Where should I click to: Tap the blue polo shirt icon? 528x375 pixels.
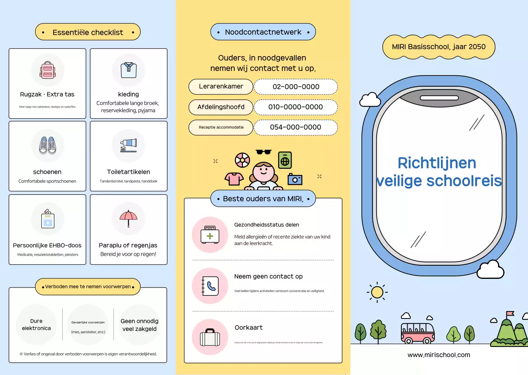pyautogui.click(x=128, y=70)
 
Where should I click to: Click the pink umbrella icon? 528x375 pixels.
pyautogui.click(x=128, y=218)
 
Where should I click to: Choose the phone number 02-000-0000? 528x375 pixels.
pyautogui.click(x=296, y=87)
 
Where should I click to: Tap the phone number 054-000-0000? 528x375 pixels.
pyautogui.click(x=295, y=127)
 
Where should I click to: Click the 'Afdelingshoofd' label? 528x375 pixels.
pyautogui.click(x=221, y=107)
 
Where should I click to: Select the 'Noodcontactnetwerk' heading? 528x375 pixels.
pyautogui.click(x=263, y=32)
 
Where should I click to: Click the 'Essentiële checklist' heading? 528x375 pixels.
pyautogui.click(x=88, y=32)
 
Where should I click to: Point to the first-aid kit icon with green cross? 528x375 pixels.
pyautogui.click(x=210, y=235)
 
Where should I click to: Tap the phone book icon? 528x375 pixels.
pyautogui.click(x=210, y=286)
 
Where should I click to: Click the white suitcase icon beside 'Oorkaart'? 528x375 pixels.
pyautogui.click(x=210, y=337)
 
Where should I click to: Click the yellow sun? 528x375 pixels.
pyautogui.click(x=377, y=292)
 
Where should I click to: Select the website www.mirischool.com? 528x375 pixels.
pyautogui.click(x=438, y=355)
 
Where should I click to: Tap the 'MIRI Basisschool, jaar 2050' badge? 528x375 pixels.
pyautogui.click(x=438, y=47)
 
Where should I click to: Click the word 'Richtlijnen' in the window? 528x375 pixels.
pyautogui.click(x=437, y=163)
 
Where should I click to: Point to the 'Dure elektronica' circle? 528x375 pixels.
pyautogui.click(x=36, y=325)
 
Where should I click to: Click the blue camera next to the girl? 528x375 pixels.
pyautogui.click(x=295, y=179)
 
